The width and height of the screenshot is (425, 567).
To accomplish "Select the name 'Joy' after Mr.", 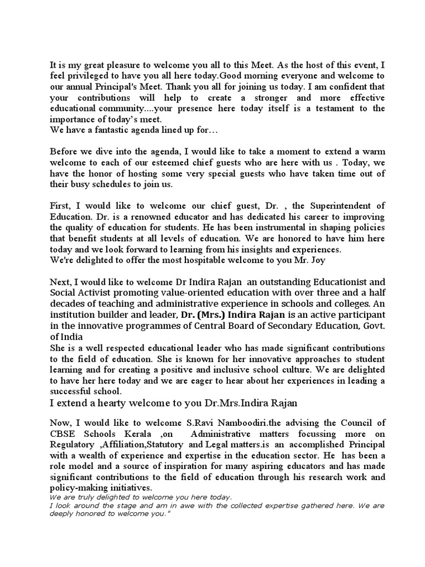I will [x=323, y=261].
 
